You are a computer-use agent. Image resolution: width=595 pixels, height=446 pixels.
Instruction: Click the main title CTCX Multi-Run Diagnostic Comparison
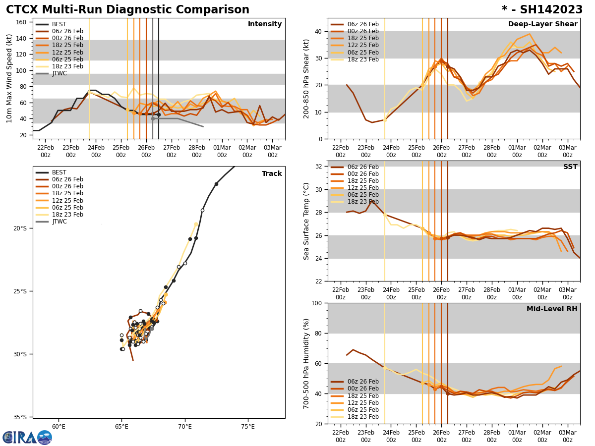coord(127,10)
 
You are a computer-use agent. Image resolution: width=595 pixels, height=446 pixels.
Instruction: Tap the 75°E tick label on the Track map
coord(248,426)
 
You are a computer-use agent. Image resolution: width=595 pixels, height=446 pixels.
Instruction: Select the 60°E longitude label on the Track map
coord(59,426)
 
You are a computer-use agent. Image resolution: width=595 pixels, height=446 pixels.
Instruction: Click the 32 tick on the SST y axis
coord(319,167)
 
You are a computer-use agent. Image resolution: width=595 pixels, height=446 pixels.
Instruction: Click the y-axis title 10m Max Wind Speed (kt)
coord(9,78)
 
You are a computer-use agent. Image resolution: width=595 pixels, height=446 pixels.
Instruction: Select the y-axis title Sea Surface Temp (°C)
coord(306,221)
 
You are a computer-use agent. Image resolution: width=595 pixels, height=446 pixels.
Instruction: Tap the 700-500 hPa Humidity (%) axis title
coord(306,364)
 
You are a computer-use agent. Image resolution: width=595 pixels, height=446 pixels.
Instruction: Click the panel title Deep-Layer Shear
coord(542,24)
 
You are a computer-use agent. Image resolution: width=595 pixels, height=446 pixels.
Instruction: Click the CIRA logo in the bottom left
coord(27,437)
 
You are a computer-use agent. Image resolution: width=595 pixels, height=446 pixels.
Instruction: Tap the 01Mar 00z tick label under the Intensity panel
coord(222,151)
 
